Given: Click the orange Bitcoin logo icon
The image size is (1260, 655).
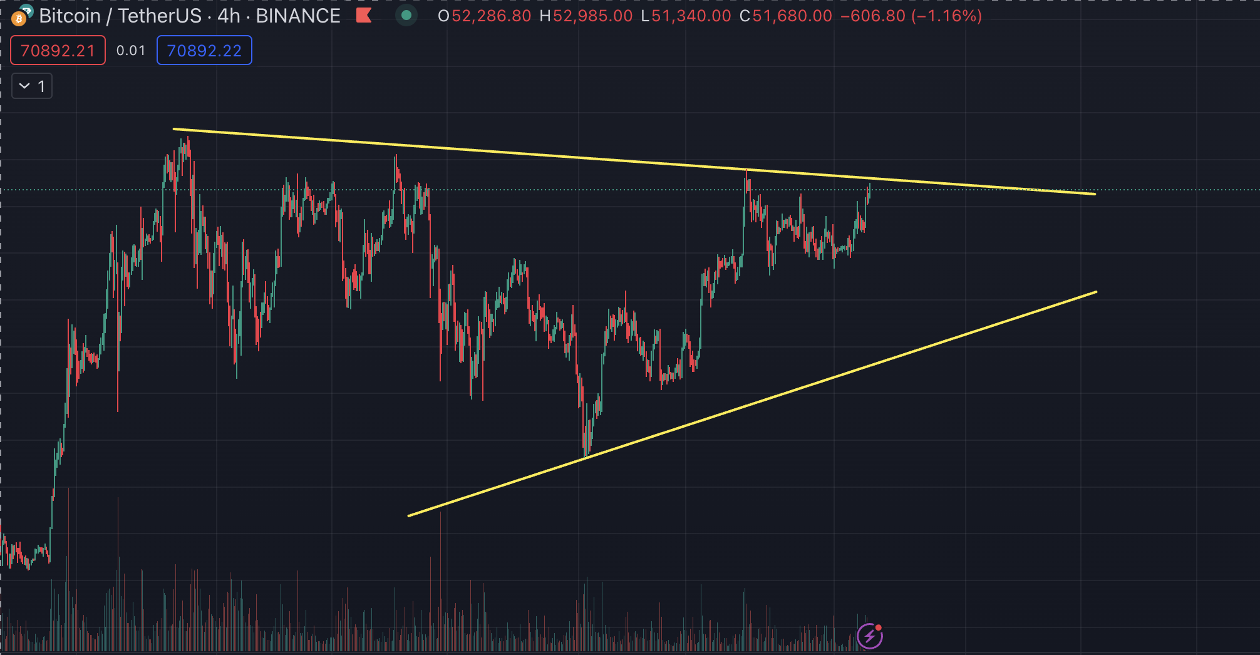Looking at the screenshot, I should pos(19,19).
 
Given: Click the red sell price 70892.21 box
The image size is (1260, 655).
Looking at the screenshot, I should pos(58,51).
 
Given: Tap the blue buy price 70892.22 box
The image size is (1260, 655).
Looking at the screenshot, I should pos(204,51).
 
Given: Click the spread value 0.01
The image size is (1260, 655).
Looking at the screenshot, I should pos(131,51).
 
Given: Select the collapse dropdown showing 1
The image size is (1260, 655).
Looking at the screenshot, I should pos(32,86).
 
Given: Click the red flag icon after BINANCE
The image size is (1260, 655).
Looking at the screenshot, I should pos(364,16).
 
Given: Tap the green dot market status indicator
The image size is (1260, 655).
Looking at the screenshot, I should pos(406,16).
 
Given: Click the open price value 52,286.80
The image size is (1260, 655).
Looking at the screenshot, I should pos(491,16).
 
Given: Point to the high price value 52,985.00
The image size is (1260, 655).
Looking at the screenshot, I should pos(592,16).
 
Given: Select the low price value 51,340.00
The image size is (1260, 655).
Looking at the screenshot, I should pos(691,16).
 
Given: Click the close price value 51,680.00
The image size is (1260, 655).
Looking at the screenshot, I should pos(792,16).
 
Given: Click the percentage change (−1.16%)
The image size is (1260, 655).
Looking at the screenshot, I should pos(947,16).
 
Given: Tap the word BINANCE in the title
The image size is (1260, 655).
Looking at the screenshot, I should pos(298,16).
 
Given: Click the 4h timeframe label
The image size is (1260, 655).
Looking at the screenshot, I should pos(229,16).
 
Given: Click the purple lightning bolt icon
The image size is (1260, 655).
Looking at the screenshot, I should pos(870,637).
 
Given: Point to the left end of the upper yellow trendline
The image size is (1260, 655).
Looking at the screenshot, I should pos(174,130).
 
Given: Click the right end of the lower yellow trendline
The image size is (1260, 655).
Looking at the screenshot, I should pos(1096,292).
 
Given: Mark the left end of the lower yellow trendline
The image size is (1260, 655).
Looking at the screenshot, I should pos(409,516).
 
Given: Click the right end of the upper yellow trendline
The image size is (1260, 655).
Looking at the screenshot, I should pos(1095,194).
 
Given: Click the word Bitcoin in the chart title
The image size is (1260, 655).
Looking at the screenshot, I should pos(70,16).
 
